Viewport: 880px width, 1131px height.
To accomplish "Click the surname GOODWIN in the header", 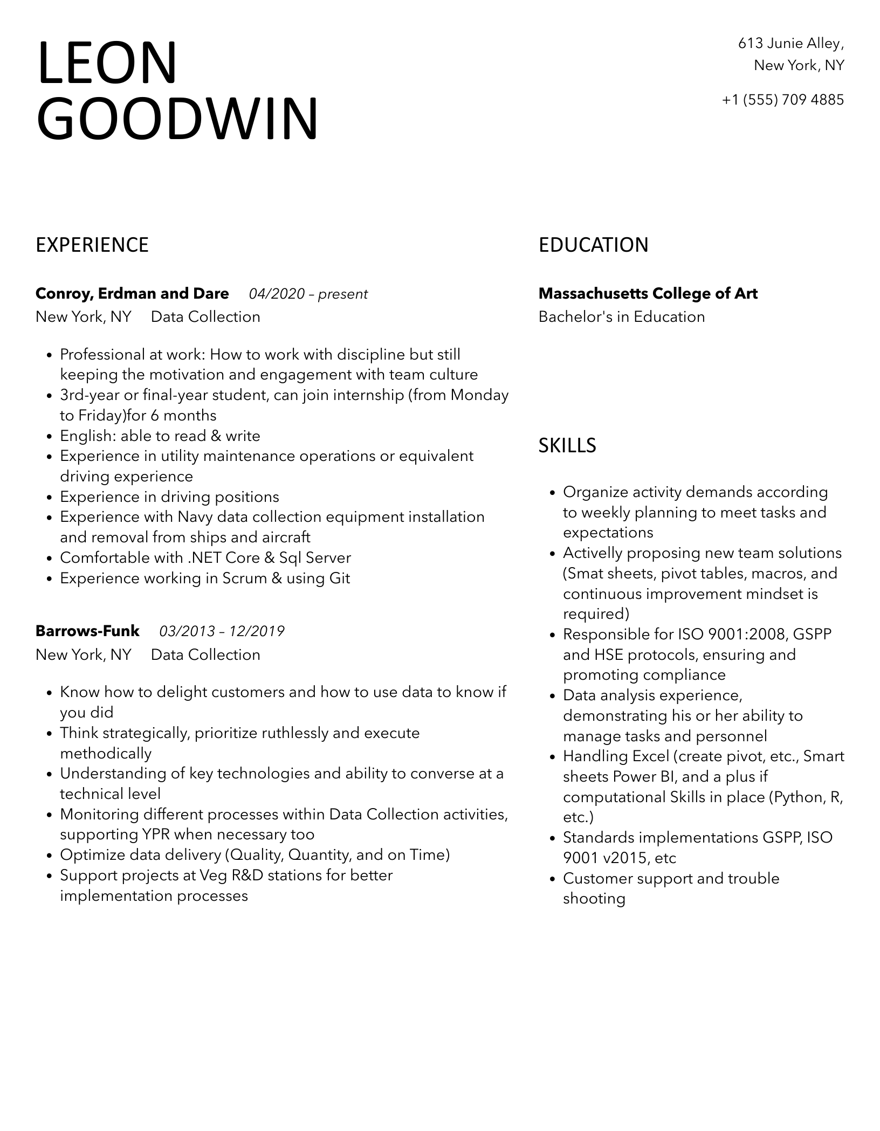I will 177,120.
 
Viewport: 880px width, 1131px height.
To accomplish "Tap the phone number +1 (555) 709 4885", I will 782,100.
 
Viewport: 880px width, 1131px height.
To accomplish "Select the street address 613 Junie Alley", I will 790,43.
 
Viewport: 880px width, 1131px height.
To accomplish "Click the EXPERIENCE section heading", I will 92,245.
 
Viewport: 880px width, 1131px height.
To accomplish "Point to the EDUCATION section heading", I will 593,245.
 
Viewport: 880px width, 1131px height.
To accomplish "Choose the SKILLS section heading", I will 567,446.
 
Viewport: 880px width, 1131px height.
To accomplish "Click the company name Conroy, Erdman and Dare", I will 132,294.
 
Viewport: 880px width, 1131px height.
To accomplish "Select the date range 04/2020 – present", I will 308,294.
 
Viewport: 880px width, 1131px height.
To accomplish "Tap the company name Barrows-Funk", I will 87,631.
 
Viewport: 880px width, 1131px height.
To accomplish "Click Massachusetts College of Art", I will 648,294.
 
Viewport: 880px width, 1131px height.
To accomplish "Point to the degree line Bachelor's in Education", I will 621,317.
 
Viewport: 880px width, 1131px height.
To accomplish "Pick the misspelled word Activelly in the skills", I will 593,553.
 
